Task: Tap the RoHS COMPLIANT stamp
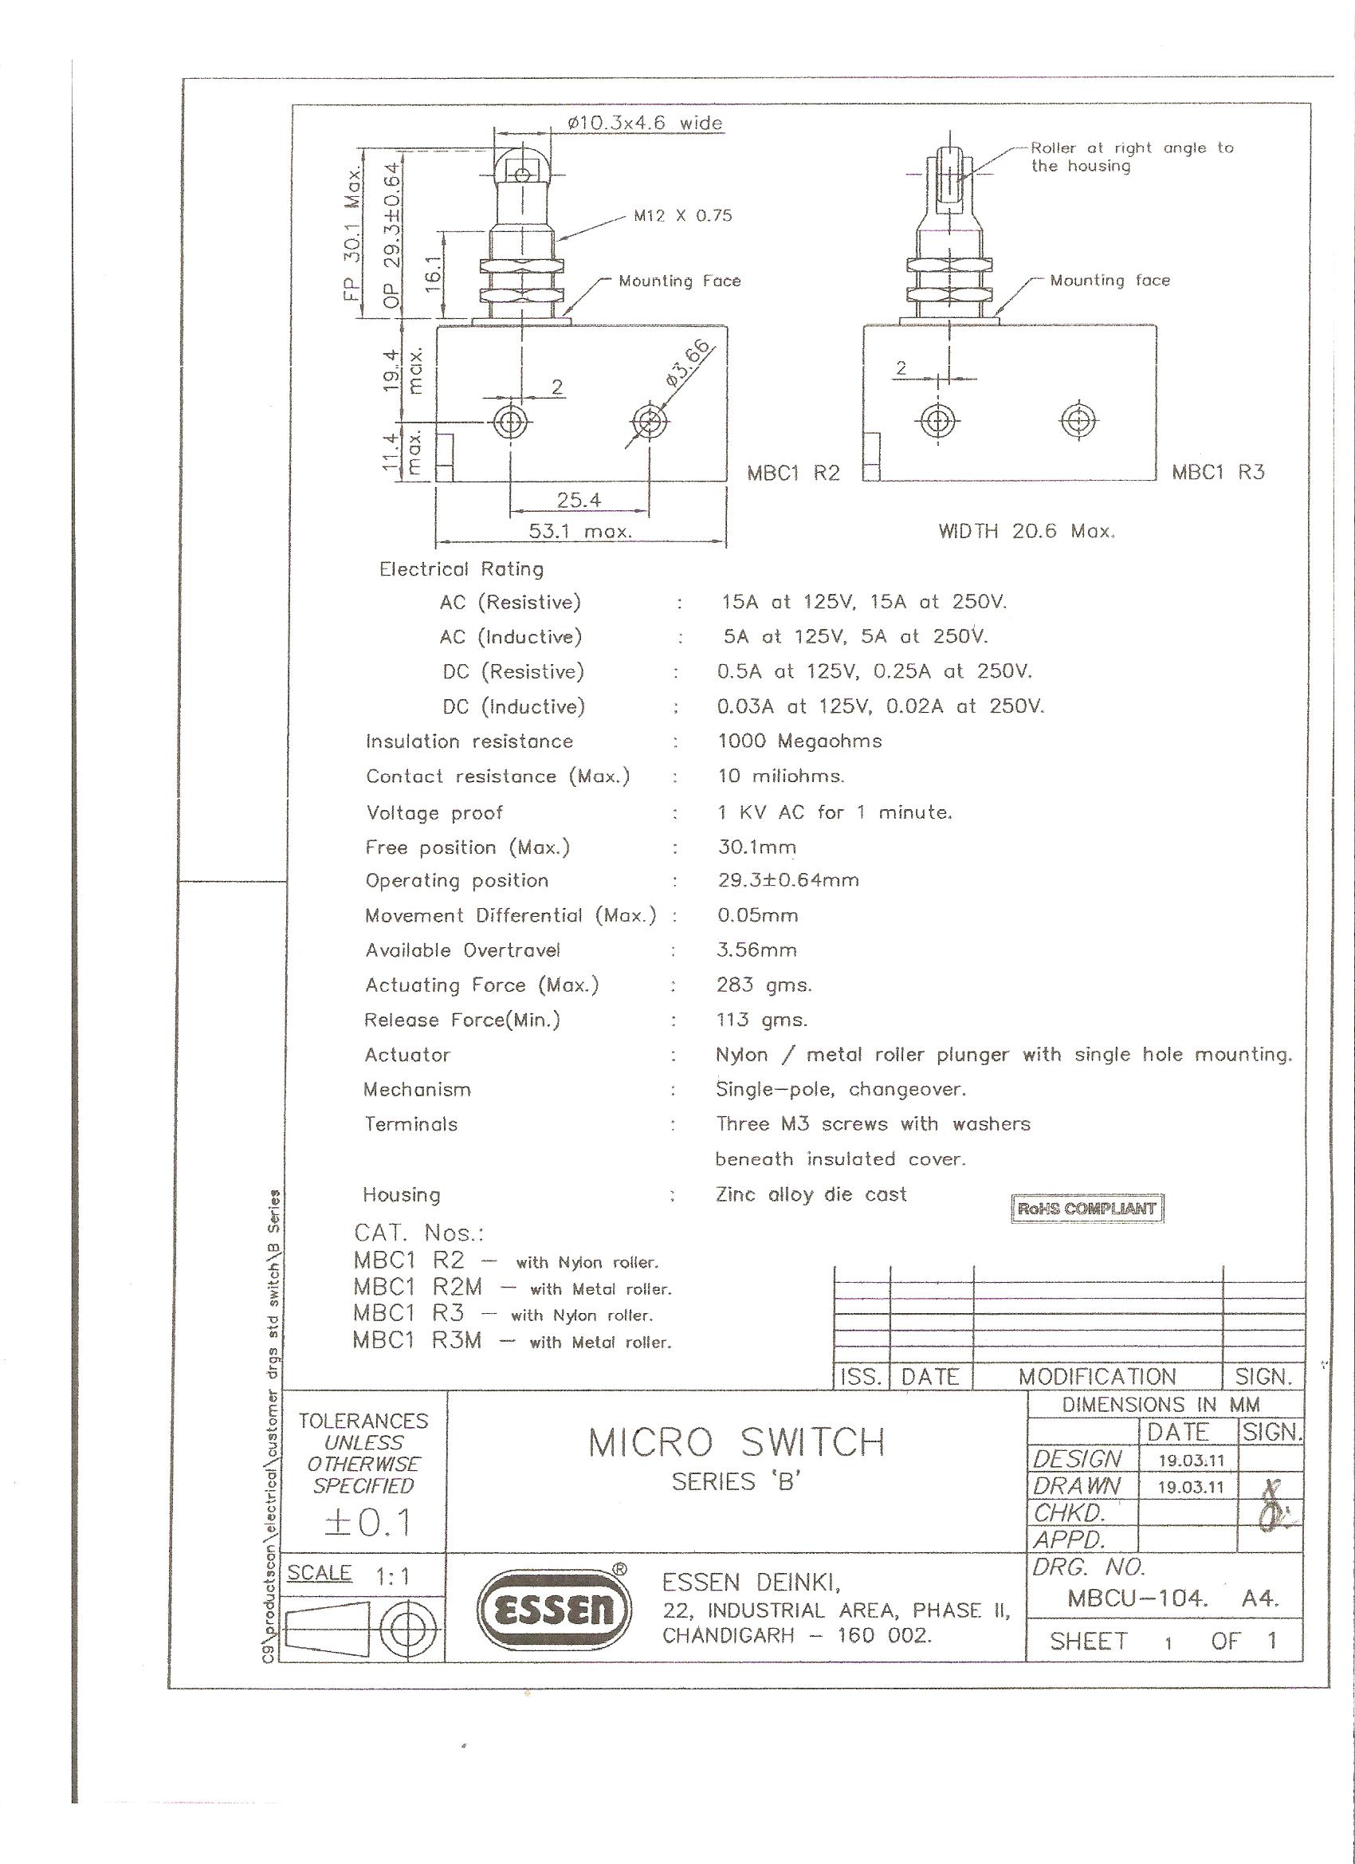[x=1087, y=1208]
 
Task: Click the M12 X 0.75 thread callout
[x=682, y=216]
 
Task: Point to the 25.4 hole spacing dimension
[x=579, y=500]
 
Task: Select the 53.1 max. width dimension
[x=580, y=531]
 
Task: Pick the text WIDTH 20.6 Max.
[x=1027, y=531]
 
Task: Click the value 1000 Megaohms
[x=799, y=741]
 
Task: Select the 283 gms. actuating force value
[x=764, y=985]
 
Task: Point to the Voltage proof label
[x=434, y=813]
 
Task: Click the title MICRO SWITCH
[x=737, y=1442]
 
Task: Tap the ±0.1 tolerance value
[x=367, y=1523]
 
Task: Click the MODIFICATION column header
[x=1097, y=1377]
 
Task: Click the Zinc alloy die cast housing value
[x=811, y=1194]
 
